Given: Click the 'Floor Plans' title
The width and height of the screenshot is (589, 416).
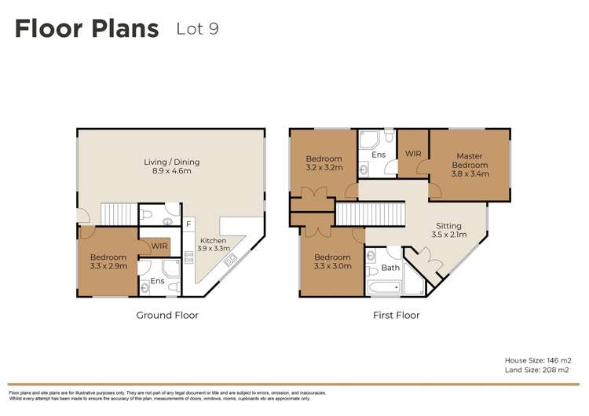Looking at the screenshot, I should click(86, 29).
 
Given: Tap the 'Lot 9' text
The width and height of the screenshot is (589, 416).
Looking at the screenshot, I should click(197, 29).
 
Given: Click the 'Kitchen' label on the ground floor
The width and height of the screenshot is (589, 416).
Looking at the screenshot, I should click(213, 241).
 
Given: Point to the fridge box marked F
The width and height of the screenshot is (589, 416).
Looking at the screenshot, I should click(188, 224).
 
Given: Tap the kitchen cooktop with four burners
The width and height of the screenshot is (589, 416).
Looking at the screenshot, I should click(188, 256).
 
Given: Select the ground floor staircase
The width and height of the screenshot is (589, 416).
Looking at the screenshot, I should click(119, 213).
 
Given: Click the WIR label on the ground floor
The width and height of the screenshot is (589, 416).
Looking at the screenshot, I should click(159, 246).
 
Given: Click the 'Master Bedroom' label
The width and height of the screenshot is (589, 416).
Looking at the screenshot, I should click(470, 161).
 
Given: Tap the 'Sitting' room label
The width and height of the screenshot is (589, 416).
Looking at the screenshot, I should click(449, 225).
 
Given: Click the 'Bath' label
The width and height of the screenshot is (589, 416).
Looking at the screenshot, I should click(390, 268).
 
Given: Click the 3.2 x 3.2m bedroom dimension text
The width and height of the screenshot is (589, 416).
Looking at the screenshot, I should click(324, 168).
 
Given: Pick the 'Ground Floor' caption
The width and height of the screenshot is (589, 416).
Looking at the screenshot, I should click(168, 316).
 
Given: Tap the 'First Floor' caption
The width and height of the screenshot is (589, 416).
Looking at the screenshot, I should click(397, 316).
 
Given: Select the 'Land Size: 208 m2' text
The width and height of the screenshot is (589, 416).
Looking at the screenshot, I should click(537, 370).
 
